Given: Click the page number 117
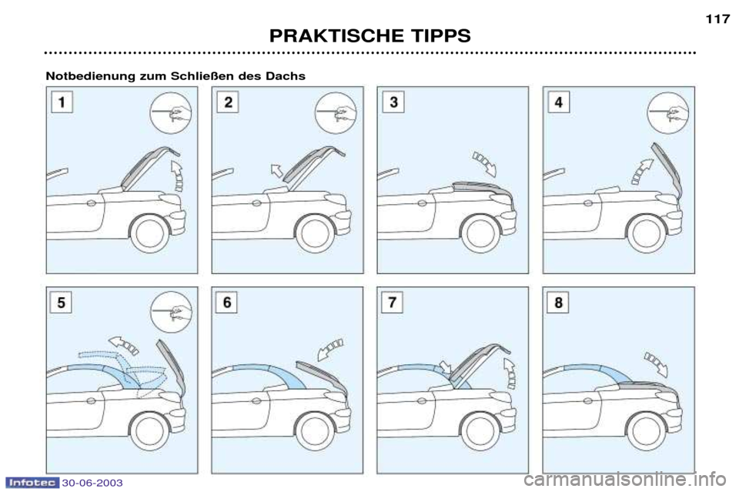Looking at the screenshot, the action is point(717,19).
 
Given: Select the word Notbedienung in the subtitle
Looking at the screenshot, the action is point(90,76).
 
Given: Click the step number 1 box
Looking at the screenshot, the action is point(62,102).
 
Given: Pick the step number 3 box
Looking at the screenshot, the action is point(393,102).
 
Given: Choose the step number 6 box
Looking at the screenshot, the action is point(226,303).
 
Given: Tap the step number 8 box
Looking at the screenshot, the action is point(559,303).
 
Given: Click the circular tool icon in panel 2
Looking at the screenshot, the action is point(336,113).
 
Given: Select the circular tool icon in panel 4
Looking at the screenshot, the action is point(668,113).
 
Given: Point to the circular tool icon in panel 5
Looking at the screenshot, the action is point(171,313).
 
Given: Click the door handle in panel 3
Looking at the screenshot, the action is point(423,203).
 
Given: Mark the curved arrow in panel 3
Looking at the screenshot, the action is point(484,163).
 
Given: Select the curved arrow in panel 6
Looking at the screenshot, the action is point(330,350).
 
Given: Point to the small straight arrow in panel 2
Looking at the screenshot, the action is point(276,170).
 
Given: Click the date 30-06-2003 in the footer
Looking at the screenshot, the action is point(92,483).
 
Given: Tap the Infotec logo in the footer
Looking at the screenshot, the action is point(32,483).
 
